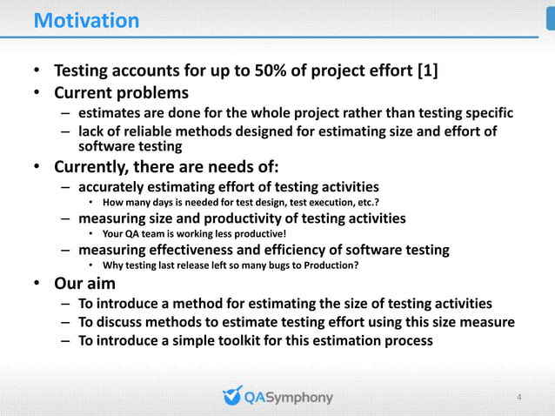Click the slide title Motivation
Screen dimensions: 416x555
[86, 20]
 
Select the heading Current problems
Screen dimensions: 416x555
[122, 92]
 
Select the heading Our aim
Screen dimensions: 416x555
[84, 284]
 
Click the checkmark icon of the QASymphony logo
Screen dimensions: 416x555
[231, 396]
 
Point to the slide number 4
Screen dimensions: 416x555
[519, 398]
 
